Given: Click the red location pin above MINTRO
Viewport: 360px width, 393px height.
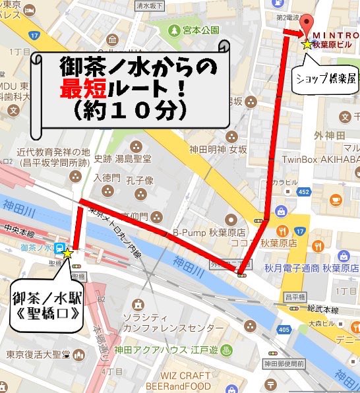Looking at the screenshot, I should pyautogui.click(x=305, y=23).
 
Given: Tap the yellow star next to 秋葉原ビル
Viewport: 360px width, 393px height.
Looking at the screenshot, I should pyautogui.click(x=307, y=45).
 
